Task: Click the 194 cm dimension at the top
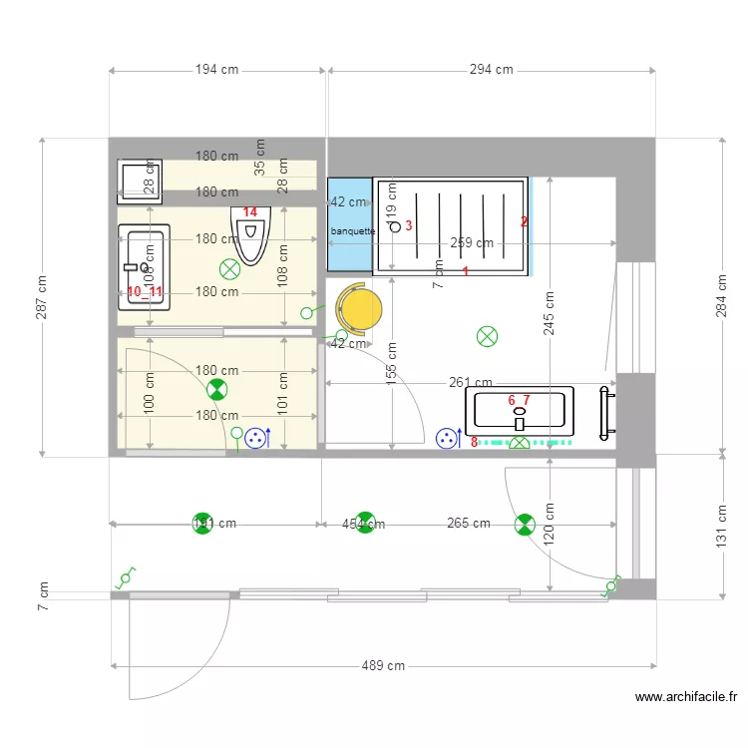coord(216,70)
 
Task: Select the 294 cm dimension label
coord(491,70)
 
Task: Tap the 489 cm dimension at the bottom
coord(383,665)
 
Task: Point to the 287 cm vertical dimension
coord(41,297)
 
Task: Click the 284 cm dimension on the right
coord(721,297)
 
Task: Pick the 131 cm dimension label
coord(721,525)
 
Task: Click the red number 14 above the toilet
coord(250,212)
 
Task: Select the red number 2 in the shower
coord(524,221)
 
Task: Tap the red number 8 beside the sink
coord(474,442)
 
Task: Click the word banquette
coord(352,230)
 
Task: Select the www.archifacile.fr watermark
coord(685,698)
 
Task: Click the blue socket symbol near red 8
coord(447,438)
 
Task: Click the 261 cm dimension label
coord(471,383)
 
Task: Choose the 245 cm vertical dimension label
coord(550,313)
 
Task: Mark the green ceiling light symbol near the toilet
coord(230,267)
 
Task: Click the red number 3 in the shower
coord(409,225)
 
